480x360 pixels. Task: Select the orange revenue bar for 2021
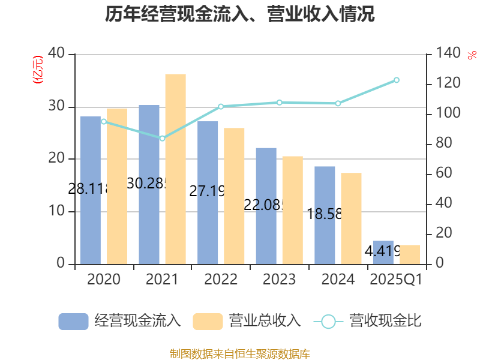click(x=175, y=169)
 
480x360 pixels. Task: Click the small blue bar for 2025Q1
click(x=383, y=252)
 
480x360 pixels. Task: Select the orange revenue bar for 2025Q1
click(x=410, y=254)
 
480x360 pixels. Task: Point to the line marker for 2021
click(x=162, y=138)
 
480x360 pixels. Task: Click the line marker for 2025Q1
click(x=397, y=80)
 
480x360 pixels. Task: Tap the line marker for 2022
click(x=221, y=106)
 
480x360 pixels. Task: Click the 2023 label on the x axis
click(x=279, y=280)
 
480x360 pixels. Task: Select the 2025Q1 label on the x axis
click(x=396, y=280)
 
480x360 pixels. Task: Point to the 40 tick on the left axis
click(x=56, y=54)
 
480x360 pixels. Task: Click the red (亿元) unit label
click(x=37, y=70)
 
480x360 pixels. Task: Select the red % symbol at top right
click(x=472, y=55)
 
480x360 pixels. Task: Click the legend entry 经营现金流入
click(x=120, y=321)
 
